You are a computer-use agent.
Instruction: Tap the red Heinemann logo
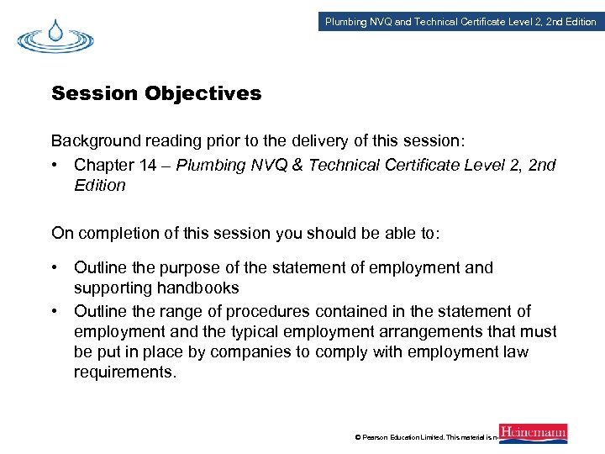click(533, 433)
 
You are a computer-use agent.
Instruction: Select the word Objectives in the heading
click(203, 93)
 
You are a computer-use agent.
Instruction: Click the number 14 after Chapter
click(148, 165)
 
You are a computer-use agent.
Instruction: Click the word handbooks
click(197, 288)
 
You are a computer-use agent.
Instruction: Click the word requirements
click(124, 372)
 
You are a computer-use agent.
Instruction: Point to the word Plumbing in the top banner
click(345, 22)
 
